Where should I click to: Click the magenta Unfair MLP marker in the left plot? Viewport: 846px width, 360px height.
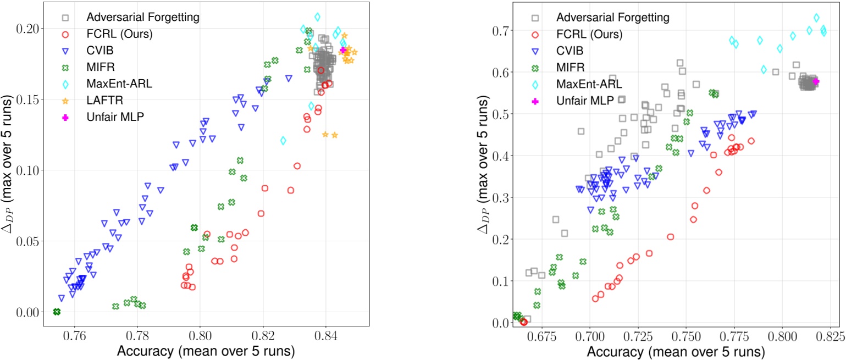pyautogui.click(x=343, y=50)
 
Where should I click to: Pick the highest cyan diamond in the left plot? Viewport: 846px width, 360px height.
pyautogui.click(x=317, y=17)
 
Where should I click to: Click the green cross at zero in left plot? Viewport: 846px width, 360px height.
pyautogui.click(x=57, y=312)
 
